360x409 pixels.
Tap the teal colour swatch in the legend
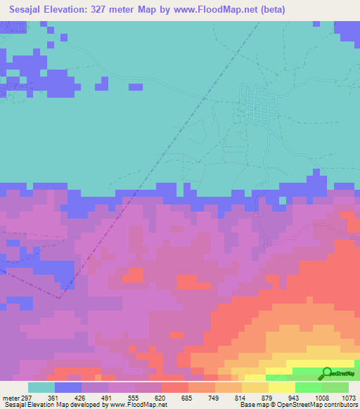point(41,387)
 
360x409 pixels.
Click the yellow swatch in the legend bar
point(281,387)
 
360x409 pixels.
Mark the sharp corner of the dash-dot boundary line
point(58,297)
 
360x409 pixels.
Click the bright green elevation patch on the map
point(309,372)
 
